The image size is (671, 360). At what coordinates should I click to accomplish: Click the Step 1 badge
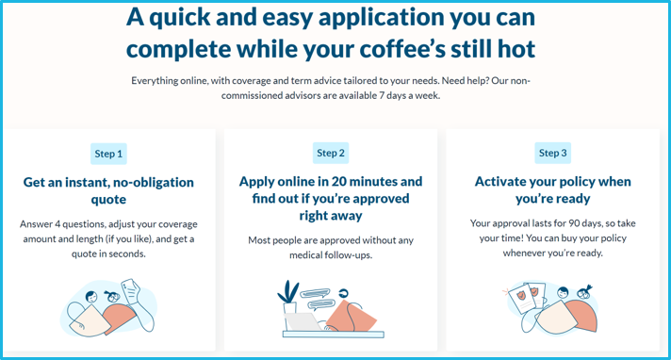[x=108, y=154]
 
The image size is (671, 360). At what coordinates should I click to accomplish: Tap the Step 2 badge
[x=331, y=153]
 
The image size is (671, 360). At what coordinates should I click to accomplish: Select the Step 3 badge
[x=553, y=153]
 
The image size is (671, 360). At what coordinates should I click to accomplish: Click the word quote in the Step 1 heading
[x=109, y=200]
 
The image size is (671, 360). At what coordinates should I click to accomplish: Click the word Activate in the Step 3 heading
[x=507, y=182]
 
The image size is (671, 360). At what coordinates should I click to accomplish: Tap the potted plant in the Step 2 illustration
[x=288, y=295]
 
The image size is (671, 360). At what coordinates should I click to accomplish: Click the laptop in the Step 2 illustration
[x=304, y=321]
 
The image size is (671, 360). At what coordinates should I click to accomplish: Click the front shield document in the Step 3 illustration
[x=532, y=301]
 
